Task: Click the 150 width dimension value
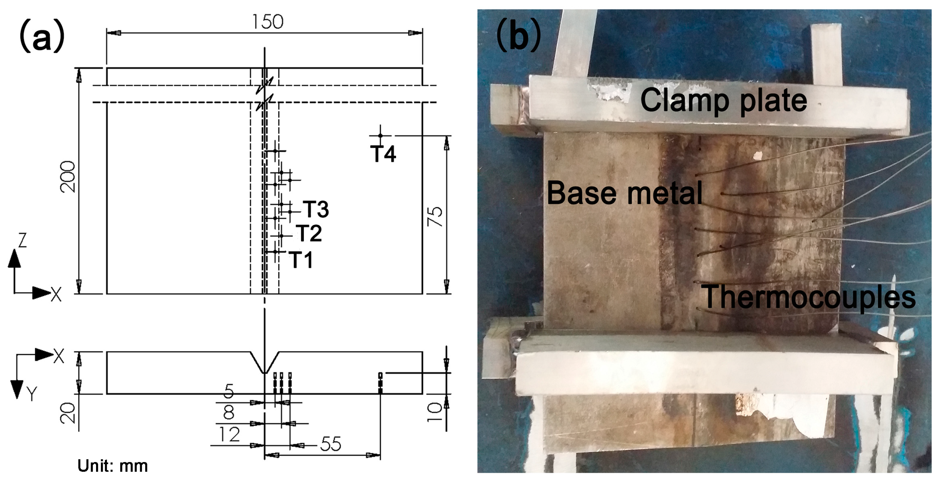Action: [x=267, y=22]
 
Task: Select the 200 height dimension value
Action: [x=68, y=177]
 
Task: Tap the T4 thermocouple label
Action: [x=383, y=154]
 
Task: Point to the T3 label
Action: [x=316, y=209]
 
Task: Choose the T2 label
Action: [x=309, y=233]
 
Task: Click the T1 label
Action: [x=301, y=260]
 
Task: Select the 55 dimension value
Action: [x=330, y=444]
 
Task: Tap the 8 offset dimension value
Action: [x=228, y=413]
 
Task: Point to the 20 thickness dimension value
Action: [x=68, y=413]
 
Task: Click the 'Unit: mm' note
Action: [x=113, y=466]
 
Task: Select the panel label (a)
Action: [x=42, y=36]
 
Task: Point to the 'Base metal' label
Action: [x=624, y=193]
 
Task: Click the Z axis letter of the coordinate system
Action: [x=23, y=241]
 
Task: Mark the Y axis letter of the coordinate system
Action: [x=32, y=394]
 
